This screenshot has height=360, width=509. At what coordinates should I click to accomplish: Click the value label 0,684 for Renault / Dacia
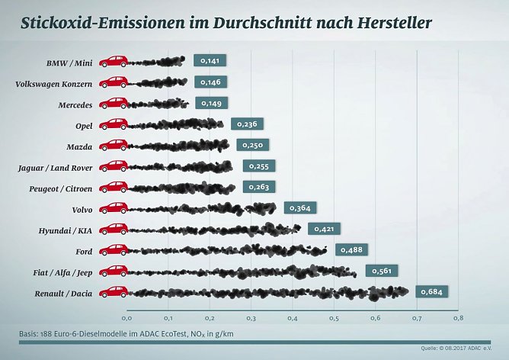[x=431, y=291]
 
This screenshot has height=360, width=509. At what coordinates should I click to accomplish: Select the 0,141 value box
[x=210, y=61]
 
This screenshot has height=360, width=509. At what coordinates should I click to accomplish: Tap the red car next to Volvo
[x=114, y=207]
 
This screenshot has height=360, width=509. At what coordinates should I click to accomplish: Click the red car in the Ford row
[x=114, y=249]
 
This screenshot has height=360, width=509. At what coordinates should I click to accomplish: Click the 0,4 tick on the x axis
[x=293, y=317]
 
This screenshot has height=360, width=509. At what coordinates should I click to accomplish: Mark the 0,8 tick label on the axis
[x=457, y=317]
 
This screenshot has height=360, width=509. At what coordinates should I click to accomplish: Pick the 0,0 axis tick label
[x=127, y=317]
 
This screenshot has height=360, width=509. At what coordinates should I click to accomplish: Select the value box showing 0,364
[x=299, y=207]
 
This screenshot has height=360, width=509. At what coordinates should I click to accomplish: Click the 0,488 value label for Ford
[x=351, y=249]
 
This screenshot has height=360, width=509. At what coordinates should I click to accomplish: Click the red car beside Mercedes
[x=114, y=103]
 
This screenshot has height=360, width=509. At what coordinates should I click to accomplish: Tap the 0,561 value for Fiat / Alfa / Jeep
[x=382, y=270]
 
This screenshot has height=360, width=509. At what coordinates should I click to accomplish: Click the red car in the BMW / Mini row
[x=114, y=61]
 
